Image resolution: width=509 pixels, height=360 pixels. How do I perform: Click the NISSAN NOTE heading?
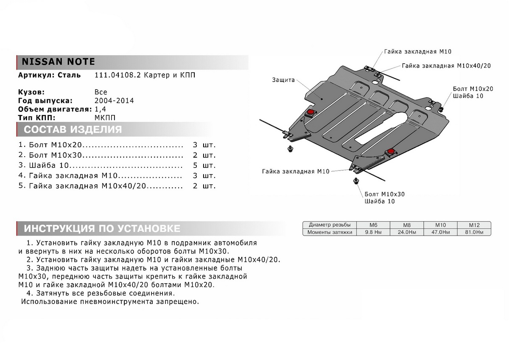tap(56, 62)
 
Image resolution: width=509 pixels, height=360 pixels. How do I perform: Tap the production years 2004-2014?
tap(114, 101)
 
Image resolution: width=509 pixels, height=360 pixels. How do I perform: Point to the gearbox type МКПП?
tap(104, 118)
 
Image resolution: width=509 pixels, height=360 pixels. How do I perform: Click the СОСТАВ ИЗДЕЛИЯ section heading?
tap(73, 129)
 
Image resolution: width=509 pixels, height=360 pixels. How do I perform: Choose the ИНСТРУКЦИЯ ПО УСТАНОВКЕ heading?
tap(102, 228)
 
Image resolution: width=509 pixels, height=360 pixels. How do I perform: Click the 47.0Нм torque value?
tap(440, 232)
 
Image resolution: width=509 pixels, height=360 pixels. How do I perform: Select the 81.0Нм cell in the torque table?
tap(474, 232)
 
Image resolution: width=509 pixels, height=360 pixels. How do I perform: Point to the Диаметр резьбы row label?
tap(330, 225)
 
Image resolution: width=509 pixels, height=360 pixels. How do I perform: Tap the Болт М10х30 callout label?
tap(384, 194)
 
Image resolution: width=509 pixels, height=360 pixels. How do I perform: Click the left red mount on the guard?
tap(310, 112)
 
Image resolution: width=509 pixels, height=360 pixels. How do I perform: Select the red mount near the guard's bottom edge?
tap(390, 152)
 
